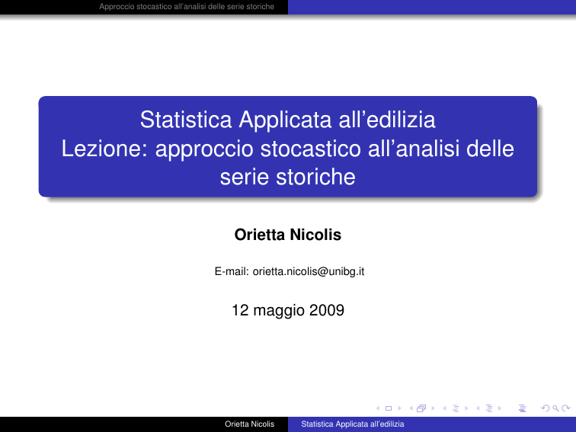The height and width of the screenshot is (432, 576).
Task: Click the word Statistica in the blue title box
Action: coord(186,120)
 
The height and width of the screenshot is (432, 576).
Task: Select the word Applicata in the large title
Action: coord(285,121)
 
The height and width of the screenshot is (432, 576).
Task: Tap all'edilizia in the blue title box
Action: coord(387,120)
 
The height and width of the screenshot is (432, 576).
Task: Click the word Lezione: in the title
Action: coord(104,149)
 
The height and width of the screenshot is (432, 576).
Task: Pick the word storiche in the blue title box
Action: coord(315,177)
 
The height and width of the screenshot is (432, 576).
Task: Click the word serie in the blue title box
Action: coord(245,178)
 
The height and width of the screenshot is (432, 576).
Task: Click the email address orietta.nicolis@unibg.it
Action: coord(309,271)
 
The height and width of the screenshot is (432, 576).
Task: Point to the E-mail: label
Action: coord(232,271)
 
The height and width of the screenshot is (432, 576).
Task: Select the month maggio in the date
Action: coord(279,311)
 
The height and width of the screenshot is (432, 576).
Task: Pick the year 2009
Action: coord(327,310)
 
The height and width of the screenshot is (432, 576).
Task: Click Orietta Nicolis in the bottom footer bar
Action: coord(249,424)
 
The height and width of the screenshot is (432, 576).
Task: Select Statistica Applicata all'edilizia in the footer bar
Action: coord(353,424)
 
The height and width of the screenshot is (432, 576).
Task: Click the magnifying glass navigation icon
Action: coord(555,408)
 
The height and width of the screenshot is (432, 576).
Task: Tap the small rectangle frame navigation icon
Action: coord(389,408)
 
